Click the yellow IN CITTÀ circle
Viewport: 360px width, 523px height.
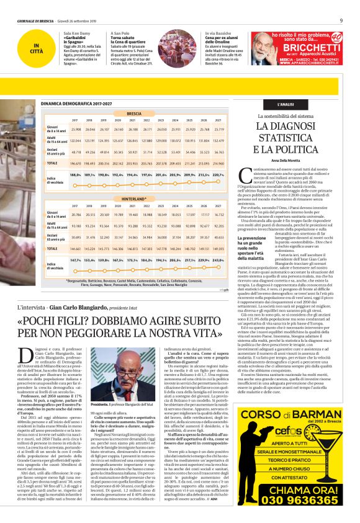tap(38, 48)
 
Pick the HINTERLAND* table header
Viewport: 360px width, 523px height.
tap(134, 199)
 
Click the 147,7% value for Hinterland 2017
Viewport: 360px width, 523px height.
tap(76, 260)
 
